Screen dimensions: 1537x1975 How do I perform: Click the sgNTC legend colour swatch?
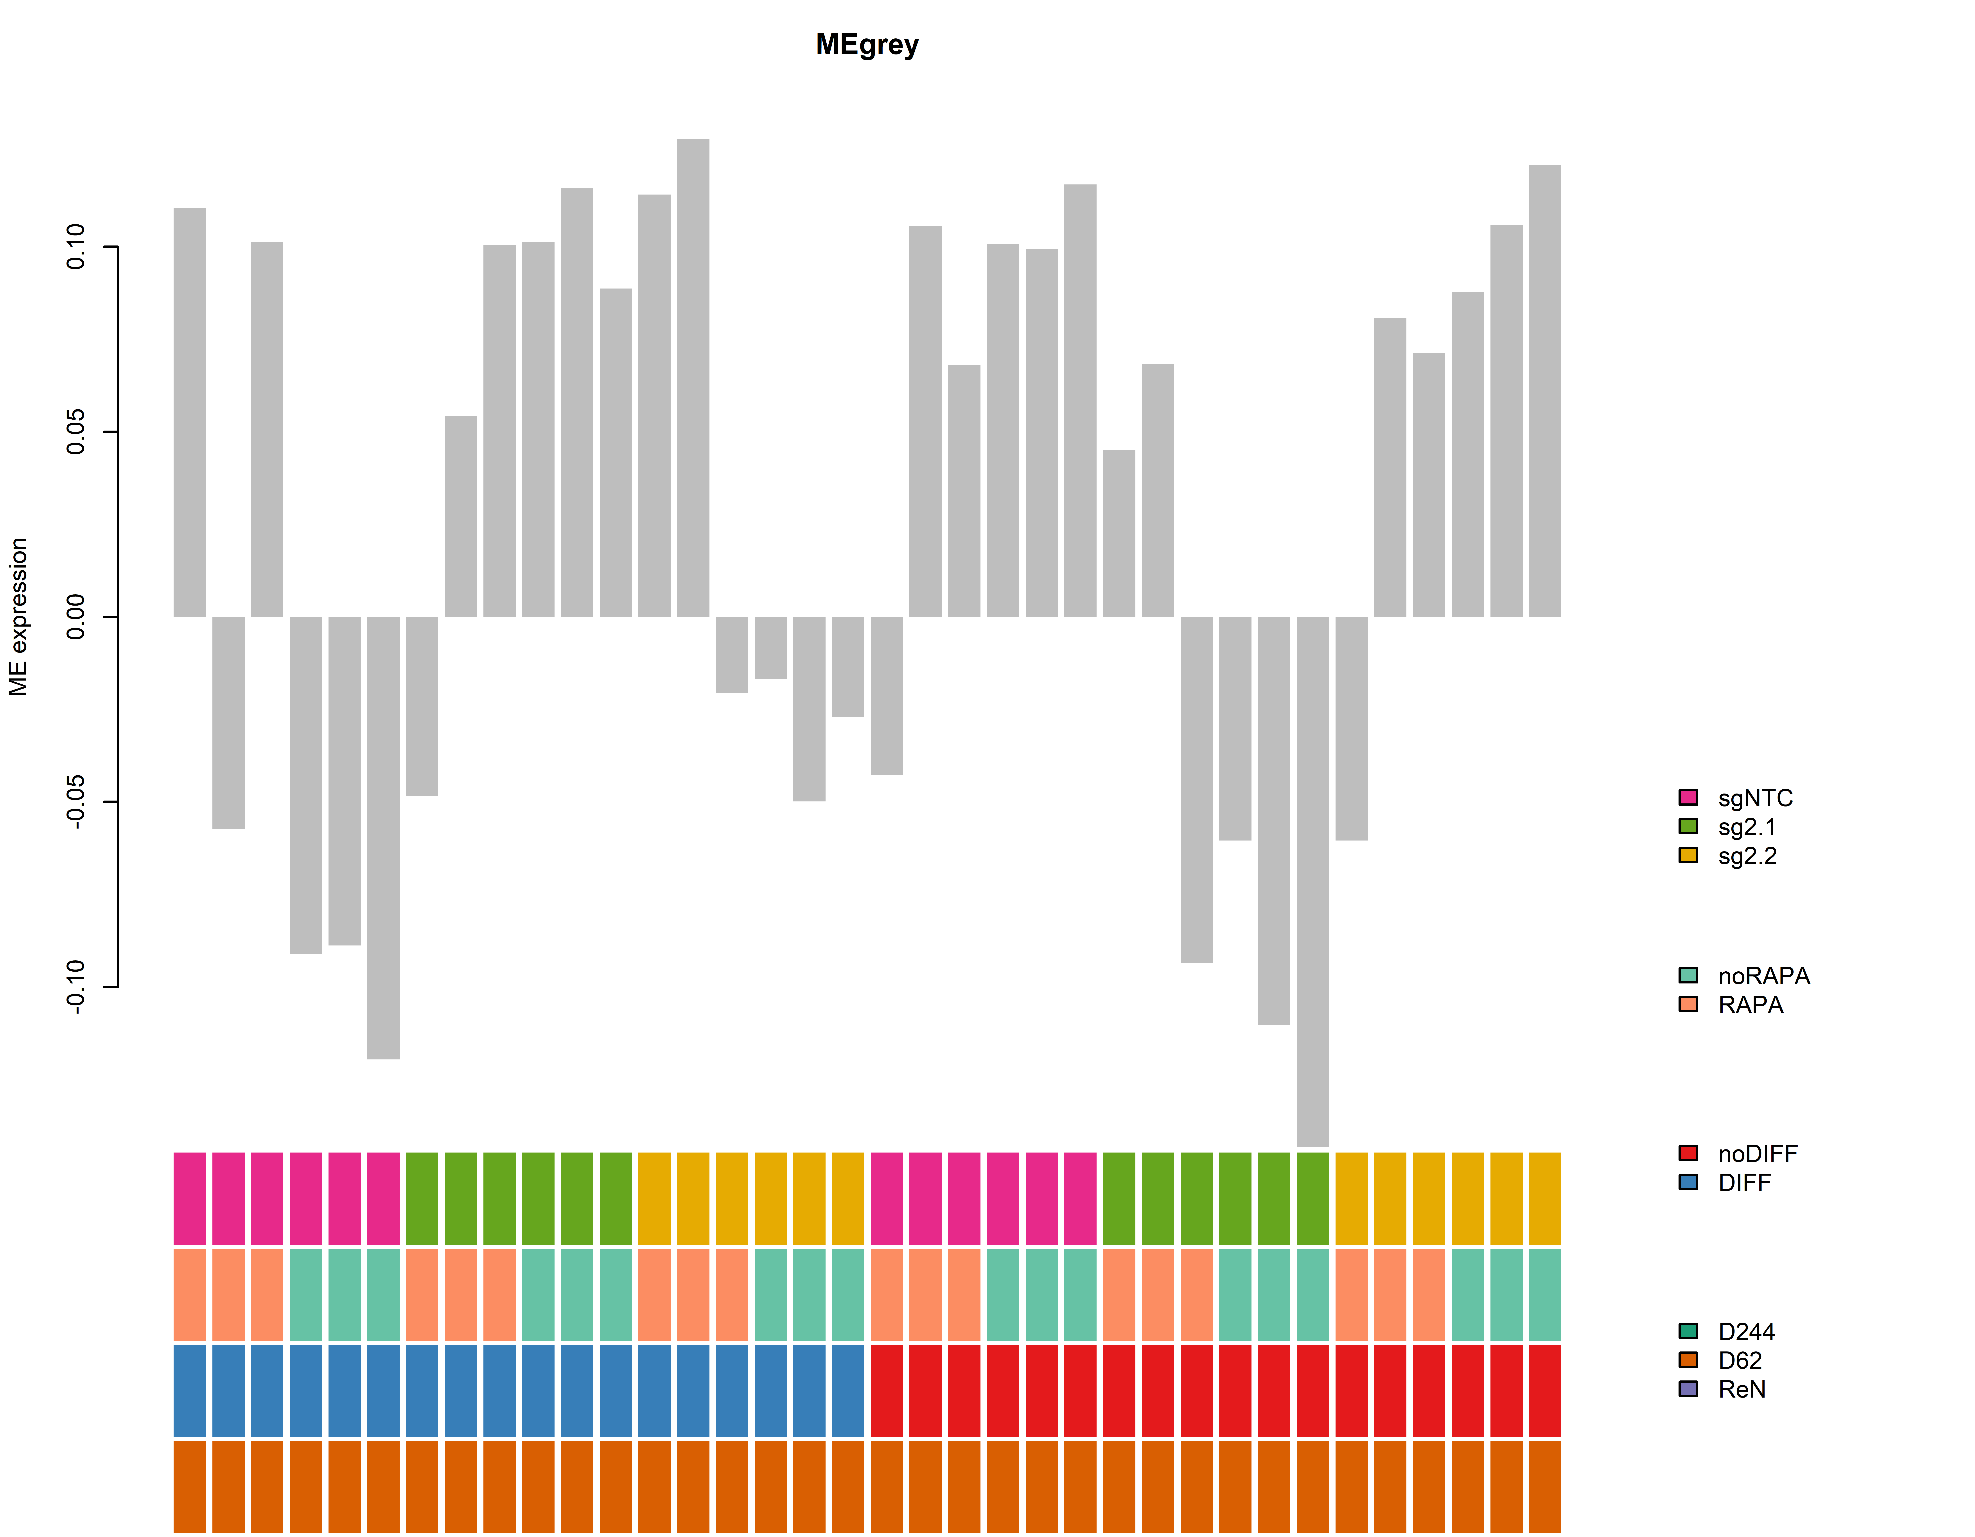point(1688,797)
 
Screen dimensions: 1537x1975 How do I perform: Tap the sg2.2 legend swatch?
point(1688,855)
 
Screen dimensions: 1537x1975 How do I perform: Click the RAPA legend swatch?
point(1688,1004)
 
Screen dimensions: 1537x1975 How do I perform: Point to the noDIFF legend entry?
point(1757,1153)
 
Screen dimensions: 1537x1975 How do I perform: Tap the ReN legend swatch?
point(1688,1389)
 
